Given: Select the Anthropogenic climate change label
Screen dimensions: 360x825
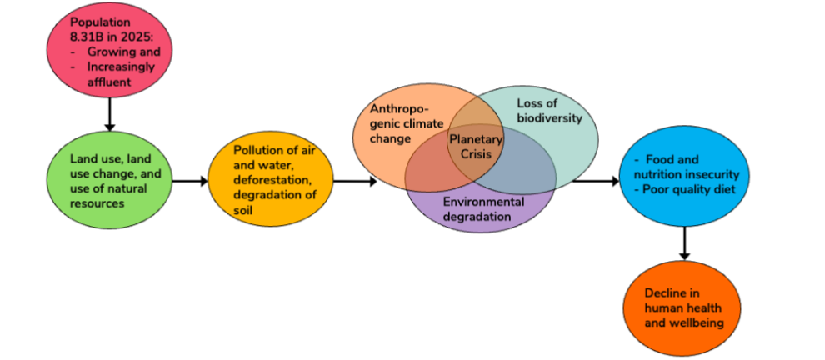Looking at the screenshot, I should coord(403,123).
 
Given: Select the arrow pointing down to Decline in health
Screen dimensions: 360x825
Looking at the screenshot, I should coord(685,243).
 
